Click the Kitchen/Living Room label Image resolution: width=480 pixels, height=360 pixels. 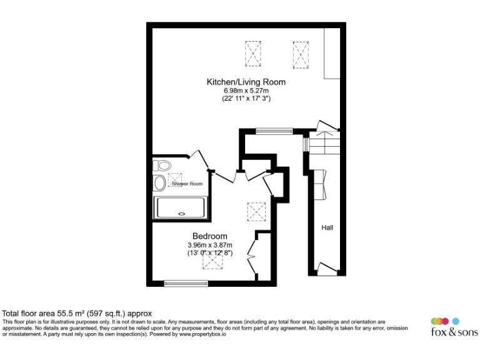[246, 82]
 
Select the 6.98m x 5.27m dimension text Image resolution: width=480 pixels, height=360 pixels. [246, 91]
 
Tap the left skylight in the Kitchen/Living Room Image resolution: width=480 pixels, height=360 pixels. [253, 53]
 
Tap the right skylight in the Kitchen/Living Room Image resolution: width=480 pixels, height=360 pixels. [301, 53]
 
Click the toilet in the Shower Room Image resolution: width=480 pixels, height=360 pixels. [162, 166]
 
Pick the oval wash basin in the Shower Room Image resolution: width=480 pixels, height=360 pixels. [159, 183]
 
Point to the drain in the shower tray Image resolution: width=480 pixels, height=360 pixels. [182, 213]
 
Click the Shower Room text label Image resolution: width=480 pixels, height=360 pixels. [187, 184]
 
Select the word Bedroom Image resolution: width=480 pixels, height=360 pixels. [209, 236]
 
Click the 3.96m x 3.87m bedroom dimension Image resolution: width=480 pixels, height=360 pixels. [209, 245]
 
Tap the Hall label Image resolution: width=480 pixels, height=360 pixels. [327, 227]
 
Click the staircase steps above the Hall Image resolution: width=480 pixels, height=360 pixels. [324, 146]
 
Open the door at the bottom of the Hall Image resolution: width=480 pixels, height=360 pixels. [326, 269]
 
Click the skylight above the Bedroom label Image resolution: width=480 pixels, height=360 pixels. [256, 211]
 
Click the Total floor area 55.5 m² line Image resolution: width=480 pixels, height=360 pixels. [77, 313]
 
